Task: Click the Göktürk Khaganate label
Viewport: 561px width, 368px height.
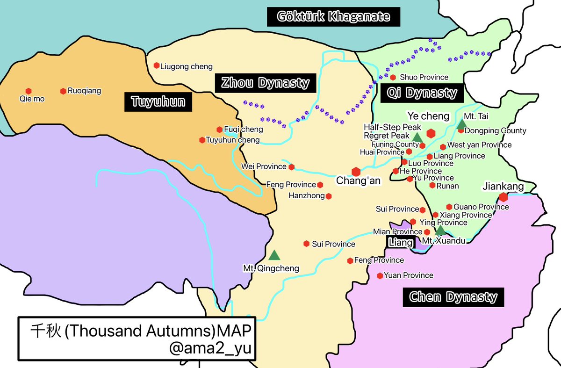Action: click(334, 17)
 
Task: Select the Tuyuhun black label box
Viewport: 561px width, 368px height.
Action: click(158, 102)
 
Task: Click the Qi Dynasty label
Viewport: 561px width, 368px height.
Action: click(422, 93)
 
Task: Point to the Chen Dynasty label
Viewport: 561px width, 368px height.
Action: click(453, 296)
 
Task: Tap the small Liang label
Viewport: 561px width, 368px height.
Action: click(401, 242)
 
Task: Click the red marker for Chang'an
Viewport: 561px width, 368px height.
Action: click(356, 172)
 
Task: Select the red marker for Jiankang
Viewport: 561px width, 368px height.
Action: click(503, 197)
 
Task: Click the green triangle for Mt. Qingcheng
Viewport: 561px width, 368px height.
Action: click(274, 255)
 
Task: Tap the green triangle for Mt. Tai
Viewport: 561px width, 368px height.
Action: click(461, 124)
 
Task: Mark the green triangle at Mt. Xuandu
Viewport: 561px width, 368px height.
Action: click(440, 230)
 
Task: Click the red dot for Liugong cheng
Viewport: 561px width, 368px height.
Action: click(157, 66)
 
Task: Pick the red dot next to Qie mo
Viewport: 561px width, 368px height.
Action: click(29, 91)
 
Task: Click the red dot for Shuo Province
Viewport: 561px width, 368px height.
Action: click(393, 77)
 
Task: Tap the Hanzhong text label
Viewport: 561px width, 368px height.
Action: click(306, 196)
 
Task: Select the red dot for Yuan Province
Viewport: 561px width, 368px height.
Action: click(380, 275)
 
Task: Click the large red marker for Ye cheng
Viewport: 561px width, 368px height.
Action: click(431, 133)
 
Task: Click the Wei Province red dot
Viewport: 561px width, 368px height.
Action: click(291, 166)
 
